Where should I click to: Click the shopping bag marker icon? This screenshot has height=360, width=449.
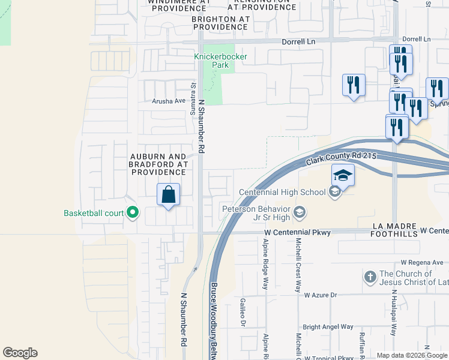point(169,195)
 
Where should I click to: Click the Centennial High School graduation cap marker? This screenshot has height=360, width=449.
point(343,175)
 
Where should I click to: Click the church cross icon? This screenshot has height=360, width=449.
point(370,277)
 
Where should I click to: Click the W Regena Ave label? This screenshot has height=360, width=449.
point(422,262)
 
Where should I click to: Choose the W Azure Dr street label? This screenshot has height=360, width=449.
point(321,295)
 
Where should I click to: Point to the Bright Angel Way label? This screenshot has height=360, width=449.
point(328,327)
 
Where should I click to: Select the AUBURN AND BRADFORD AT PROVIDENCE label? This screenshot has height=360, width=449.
point(159,164)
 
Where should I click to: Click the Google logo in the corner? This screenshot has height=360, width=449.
point(20,353)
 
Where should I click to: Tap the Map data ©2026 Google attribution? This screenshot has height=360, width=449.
point(412,355)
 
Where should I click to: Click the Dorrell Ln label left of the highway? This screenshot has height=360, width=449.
point(300,42)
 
